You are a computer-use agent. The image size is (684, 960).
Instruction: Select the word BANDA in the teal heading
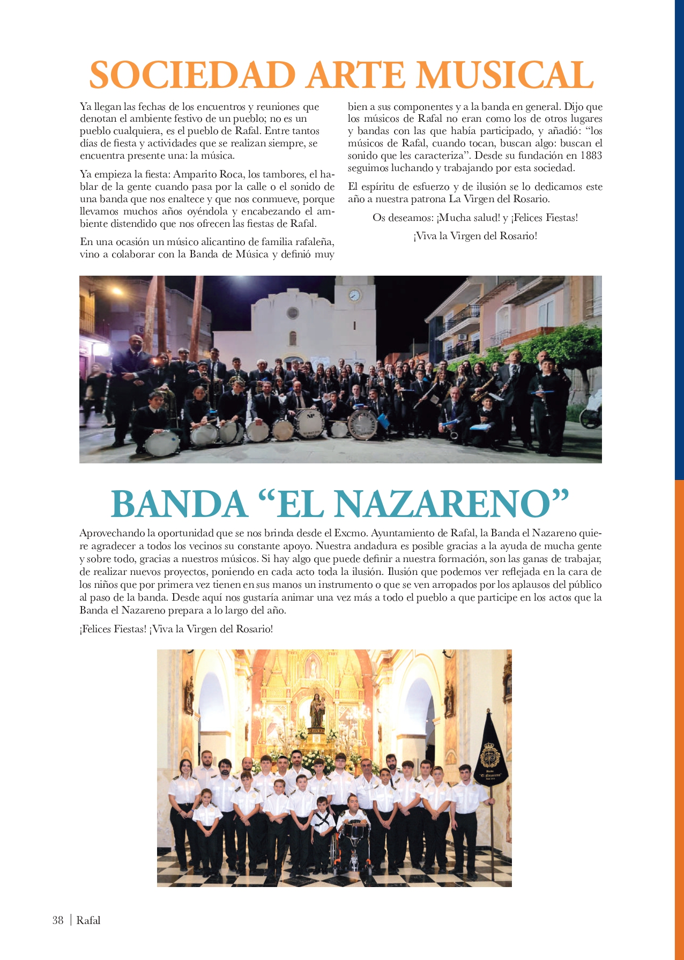(179, 504)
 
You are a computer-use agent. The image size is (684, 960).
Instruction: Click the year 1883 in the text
(591, 156)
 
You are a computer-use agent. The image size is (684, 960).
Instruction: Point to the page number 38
(58, 920)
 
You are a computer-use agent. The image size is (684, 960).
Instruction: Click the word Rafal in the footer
(88, 920)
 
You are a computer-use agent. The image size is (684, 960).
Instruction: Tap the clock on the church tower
(354, 295)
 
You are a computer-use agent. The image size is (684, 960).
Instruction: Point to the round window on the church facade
(293, 313)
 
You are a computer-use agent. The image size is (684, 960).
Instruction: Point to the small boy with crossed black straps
(322, 823)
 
